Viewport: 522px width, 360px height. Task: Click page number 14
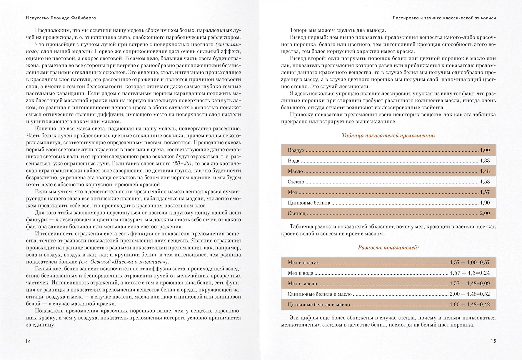(x=28, y=341)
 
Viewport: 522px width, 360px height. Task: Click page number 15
(x=493, y=341)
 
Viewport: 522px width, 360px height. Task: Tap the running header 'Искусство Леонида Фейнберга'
(x=61, y=18)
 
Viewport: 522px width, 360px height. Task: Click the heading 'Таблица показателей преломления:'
(x=388, y=135)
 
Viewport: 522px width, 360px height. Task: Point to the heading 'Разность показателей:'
(x=388, y=247)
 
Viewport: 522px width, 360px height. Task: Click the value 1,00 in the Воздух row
(x=485, y=150)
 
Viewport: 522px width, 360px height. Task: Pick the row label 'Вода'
(x=293, y=161)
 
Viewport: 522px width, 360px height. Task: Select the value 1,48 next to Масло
(x=485, y=171)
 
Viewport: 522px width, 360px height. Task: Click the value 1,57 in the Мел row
(x=485, y=192)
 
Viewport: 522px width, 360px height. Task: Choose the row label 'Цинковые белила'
(x=309, y=203)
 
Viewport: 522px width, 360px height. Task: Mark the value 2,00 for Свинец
(x=485, y=213)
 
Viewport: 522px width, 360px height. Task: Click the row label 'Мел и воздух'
(x=303, y=262)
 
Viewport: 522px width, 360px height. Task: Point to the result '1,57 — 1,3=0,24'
(x=470, y=273)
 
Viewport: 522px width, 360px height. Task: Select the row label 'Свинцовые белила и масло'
(x=320, y=294)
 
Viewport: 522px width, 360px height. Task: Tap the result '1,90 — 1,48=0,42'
(x=470, y=304)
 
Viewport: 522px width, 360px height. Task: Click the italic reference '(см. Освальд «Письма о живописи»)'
(x=124, y=262)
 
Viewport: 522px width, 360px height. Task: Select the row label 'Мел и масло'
(x=302, y=284)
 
